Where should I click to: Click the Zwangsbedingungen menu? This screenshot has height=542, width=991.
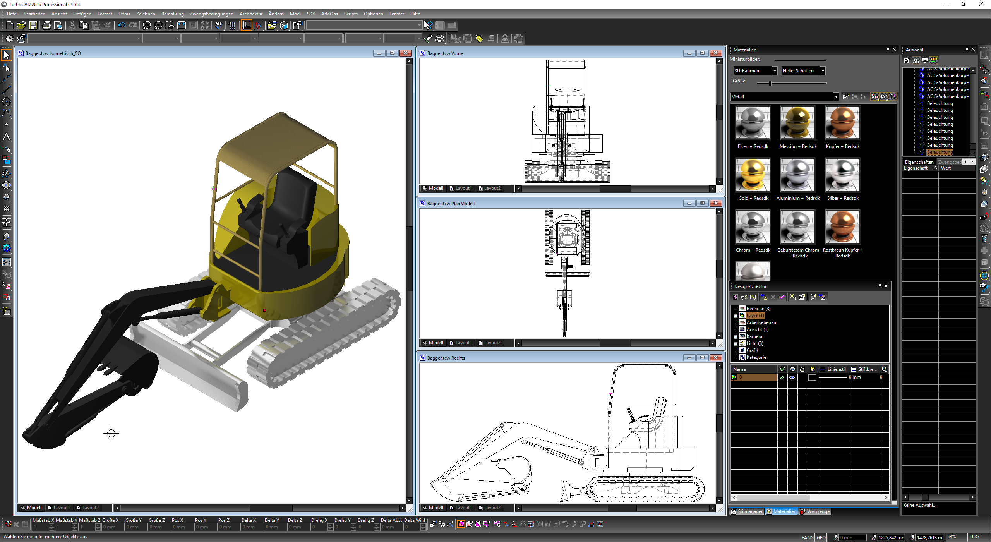[211, 14]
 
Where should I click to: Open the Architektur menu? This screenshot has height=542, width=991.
[250, 14]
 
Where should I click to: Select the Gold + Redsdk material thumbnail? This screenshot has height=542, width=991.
[753, 175]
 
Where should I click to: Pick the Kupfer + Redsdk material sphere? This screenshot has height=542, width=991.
[842, 123]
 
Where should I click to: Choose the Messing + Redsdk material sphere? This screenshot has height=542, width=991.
[797, 123]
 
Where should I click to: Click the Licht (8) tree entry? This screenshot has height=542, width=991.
[754, 343]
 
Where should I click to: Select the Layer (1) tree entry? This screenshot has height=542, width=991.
[755, 316]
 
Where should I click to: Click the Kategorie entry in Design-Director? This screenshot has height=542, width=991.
[756, 357]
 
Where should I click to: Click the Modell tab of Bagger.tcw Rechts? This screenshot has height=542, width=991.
[435, 508]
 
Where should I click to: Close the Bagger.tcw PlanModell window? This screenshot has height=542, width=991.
[715, 203]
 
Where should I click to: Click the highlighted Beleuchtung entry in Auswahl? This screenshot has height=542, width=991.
[940, 152]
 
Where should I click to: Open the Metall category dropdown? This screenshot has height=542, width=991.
[836, 97]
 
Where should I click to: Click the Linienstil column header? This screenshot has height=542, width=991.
[836, 369]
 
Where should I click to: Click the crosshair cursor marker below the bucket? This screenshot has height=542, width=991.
[111, 433]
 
